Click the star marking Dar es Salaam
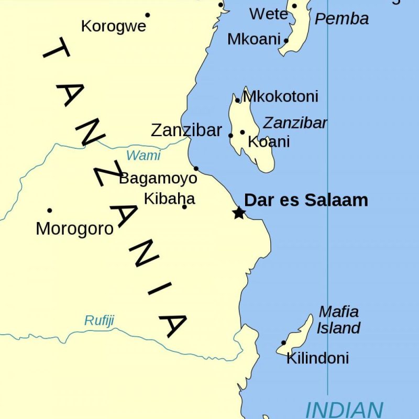pyautogui.click(x=239, y=213)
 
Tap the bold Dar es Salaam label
pyautogui.click(x=306, y=200)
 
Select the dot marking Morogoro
pyautogui.click(x=50, y=211)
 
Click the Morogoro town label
pyautogui.click(x=74, y=229)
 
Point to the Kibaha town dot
pyautogui.click(x=184, y=207)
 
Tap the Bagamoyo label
pyautogui.click(x=158, y=179)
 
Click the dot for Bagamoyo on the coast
pyautogui.click(x=196, y=169)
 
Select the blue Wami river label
pyautogui.click(x=143, y=156)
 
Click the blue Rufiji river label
pyautogui.click(x=99, y=321)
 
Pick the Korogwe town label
pyautogui.click(x=114, y=26)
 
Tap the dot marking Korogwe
pyautogui.click(x=148, y=15)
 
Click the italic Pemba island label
pyautogui.click(x=341, y=19)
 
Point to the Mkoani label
pyautogui.click(x=255, y=39)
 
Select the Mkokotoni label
pyautogui.click(x=281, y=97)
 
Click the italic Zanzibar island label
pyautogui.click(x=295, y=123)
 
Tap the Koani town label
pyautogui.click(x=269, y=142)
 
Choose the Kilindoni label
pyautogui.click(x=317, y=359)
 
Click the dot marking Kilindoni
pyautogui.click(x=284, y=343)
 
